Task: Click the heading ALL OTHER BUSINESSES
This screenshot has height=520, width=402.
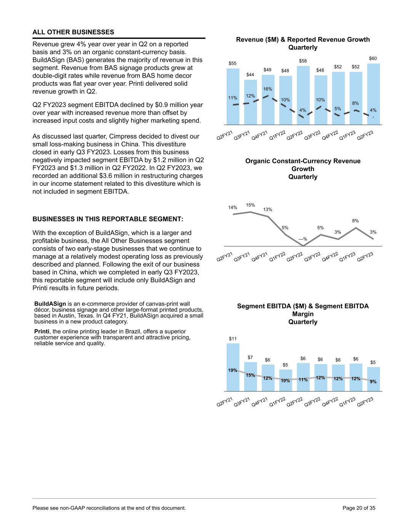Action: [x=74, y=32]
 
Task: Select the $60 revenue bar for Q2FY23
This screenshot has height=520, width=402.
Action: [x=373, y=91]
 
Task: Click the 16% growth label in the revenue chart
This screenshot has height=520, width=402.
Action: [x=267, y=89]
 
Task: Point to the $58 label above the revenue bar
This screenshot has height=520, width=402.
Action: [x=303, y=61]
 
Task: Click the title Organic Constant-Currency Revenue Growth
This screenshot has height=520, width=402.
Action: [x=303, y=165]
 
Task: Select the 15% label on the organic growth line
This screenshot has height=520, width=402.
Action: [x=250, y=205]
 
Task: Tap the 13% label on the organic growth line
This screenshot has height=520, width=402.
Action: [x=268, y=210]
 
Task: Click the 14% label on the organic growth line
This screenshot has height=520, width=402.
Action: [x=233, y=208]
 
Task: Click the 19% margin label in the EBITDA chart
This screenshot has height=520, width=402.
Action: [x=233, y=370]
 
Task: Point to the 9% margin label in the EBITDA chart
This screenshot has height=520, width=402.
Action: [x=373, y=381]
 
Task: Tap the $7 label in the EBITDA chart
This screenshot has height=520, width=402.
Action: [x=250, y=357]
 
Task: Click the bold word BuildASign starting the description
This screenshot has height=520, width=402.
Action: [x=50, y=304]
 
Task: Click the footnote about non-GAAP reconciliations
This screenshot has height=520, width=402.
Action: [x=109, y=508]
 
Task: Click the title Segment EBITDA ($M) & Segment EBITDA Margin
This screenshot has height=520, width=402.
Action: [x=303, y=310]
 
